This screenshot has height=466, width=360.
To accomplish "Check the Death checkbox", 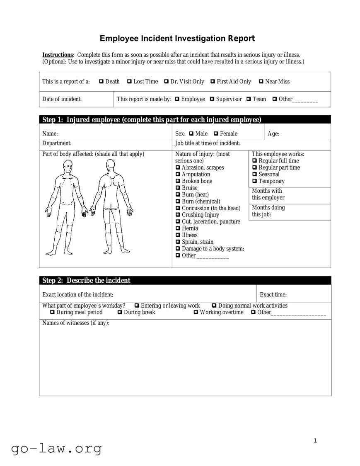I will click(101, 82).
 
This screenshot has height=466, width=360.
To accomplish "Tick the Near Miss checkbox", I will click(261, 82).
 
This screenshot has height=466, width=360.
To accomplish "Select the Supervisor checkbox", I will click(212, 99).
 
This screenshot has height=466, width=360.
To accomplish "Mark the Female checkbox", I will click(216, 133).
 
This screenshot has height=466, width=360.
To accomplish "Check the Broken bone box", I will click(178, 181).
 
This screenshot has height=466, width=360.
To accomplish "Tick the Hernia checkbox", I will click(178, 228).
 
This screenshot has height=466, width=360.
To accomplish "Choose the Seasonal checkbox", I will click(255, 175).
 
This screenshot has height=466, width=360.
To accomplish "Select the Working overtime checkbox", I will click(196, 312).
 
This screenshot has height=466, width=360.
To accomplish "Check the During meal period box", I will click(52, 312).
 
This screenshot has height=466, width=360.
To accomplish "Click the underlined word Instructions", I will click(58, 55).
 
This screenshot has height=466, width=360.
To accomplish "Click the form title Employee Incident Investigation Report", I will click(177, 39).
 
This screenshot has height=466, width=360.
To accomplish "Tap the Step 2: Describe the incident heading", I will click(86, 281).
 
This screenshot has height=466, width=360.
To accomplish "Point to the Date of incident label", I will click(62, 99).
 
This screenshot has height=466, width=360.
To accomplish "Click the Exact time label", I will click(273, 295).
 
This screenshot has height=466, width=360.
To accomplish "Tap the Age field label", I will click(273, 133).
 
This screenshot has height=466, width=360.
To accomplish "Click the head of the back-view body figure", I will click(110, 167).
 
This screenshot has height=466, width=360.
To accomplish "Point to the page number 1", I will click(315, 441).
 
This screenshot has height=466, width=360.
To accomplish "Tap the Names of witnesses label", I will click(76, 323).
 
